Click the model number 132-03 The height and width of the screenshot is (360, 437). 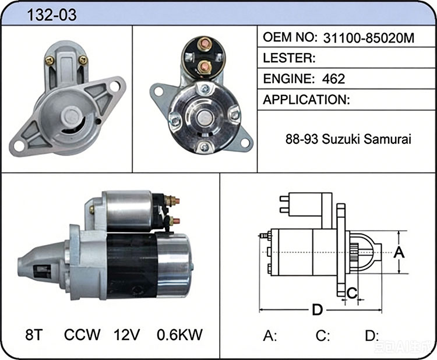(52, 15)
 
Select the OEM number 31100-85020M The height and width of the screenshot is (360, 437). (369, 38)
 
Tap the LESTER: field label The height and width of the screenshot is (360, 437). (289, 58)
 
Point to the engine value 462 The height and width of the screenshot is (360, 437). (333, 79)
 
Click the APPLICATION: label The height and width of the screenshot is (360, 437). (306, 100)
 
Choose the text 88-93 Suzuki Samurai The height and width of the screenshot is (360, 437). (348, 139)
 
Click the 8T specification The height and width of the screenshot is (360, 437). (33, 334)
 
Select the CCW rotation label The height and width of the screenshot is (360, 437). (82, 334)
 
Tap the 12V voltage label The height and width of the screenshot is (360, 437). (126, 334)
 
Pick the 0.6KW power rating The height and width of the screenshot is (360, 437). (179, 334)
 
